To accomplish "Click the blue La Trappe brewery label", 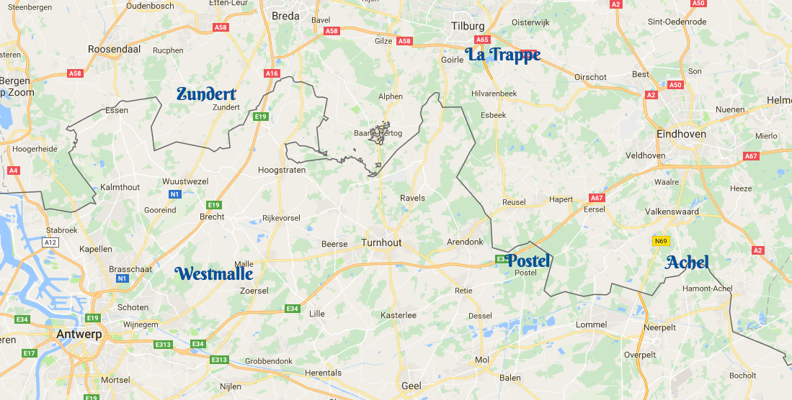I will pos(502,55).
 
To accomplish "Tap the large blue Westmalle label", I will pos(214,274).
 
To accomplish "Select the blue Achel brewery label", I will pos(687,263).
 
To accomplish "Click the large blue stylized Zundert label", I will pos(206,94).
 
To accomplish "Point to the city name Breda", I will pos(285,15).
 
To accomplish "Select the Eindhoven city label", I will pos(681,134).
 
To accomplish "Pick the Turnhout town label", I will pos(381,243).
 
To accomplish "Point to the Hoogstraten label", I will pos(282,171).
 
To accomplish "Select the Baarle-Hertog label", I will pos(378,133).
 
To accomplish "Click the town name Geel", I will pos(411,386).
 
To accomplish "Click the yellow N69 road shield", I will pos(661,241).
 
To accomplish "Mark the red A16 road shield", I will pos(272,73).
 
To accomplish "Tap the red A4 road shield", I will pos(13,171).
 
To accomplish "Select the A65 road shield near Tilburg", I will pos(482,40).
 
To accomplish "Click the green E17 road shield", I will pos(29,353).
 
